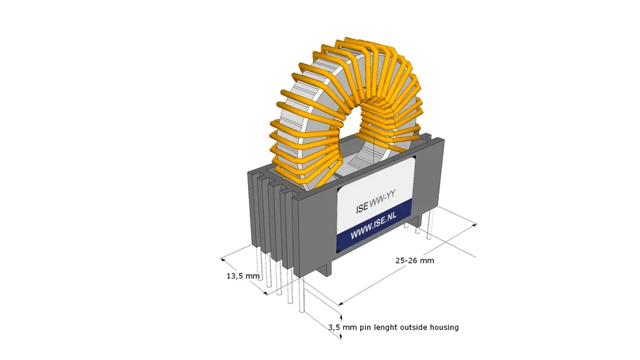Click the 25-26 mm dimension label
[414, 260]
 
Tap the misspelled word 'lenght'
[383, 327]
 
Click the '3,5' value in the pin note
[334, 327]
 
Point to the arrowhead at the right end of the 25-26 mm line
[478, 224]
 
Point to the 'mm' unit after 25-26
[426, 260]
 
